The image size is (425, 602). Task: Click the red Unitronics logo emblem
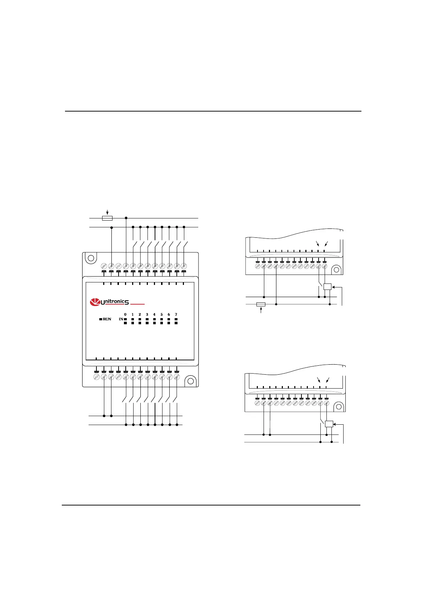pos(95,302)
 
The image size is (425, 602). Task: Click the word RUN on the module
pos(107,319)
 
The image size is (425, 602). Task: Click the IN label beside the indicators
pos(121,319)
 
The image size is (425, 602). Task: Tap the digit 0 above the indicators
pos(125,315)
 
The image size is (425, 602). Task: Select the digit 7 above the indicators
pos(176,315)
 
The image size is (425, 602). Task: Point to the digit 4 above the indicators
pos(154,315)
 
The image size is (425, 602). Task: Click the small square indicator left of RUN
pos(100,319)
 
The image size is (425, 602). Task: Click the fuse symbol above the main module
pos(107,218)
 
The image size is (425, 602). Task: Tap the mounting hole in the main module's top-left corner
pos(91,258)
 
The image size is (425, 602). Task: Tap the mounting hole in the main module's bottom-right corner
pos(190,381)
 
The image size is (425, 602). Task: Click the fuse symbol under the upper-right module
pos(261,305)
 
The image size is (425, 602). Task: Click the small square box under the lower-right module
pos(329,424)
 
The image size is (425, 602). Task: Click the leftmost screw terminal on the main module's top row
pos(104,266)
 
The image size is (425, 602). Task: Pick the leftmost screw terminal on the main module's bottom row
pos(96,377)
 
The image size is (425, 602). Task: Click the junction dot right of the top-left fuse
pos(126,218)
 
